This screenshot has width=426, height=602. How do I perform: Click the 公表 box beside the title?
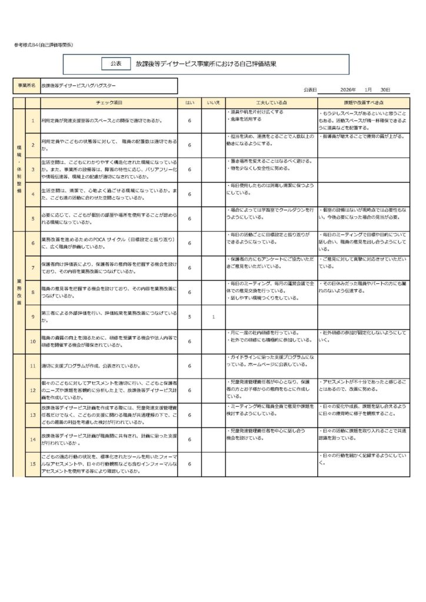coord(115,63)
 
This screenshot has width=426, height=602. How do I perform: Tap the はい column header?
coord(189,102)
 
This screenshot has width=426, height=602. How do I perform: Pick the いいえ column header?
coord(213,102)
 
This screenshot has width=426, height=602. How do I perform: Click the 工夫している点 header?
coord(271,102)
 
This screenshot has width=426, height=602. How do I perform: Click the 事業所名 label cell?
coord(26,86)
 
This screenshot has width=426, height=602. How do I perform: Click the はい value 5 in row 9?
coord(189,317)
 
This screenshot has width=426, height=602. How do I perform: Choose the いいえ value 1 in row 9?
coord(213,317)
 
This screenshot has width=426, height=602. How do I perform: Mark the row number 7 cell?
coord(33,268)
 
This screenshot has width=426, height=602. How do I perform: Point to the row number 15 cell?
coord(33,464)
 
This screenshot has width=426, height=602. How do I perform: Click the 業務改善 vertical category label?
coord(19,292)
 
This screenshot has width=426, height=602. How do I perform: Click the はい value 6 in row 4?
coord(189,194)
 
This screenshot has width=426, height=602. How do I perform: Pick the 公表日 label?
coord(310,89)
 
